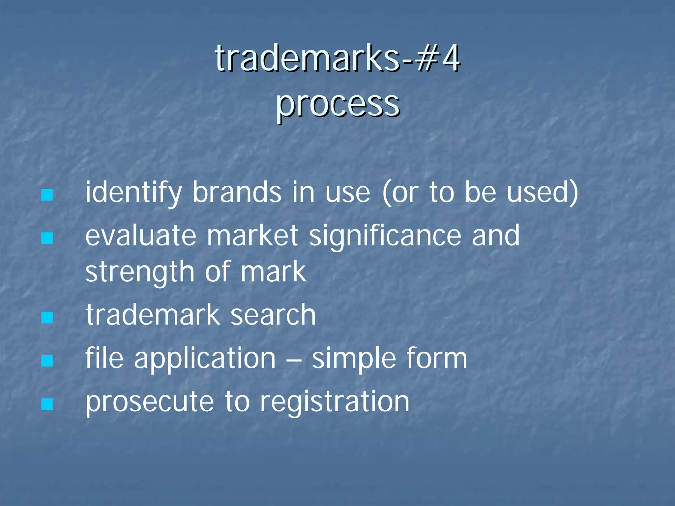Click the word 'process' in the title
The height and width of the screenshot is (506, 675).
tap(337, 105)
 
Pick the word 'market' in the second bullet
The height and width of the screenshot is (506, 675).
tap(252, 236)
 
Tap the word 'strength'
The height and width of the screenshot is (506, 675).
tap(140, 272)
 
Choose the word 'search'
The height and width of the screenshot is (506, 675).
tap(273, 315)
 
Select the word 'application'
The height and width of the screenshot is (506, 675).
tap(205, 359)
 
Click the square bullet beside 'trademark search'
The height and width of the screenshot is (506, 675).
tap(47, 318)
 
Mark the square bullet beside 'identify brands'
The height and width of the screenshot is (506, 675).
tap(47, 195)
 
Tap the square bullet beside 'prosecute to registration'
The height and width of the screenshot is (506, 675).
tap(47, 404)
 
